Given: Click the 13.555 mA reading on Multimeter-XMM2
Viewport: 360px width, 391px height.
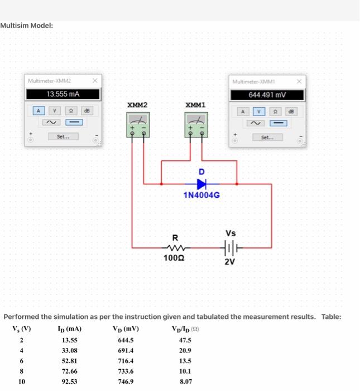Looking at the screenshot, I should pos(63,94).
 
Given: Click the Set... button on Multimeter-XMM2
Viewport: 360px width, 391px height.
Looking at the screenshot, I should pos(63,136).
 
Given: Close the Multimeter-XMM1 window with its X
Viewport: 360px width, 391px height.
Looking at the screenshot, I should pos(300,82).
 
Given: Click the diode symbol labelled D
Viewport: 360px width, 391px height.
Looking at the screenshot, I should pos(201,183).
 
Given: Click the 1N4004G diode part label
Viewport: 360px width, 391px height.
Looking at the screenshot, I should pos(201,195).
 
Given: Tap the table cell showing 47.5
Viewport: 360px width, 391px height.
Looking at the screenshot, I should pos(185,340).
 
